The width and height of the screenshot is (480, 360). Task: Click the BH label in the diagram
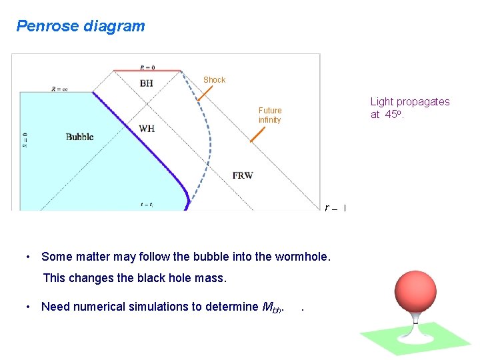click(146, 83)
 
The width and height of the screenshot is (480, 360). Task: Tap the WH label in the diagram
click(147, 128)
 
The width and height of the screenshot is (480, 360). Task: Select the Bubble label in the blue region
click(80, 137)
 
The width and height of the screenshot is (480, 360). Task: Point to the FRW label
click(243, 175)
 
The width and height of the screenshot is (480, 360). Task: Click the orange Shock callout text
click(215, 80)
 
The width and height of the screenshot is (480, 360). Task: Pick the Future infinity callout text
click(270, 115)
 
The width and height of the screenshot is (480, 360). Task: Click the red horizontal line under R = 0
click(147, 70)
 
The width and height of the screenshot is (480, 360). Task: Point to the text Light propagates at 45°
click(410, 108)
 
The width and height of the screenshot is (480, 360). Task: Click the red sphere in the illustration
click(415, 283)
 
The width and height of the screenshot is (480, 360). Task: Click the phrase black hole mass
click(216, 278)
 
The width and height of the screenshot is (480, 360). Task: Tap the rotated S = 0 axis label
click(25, 139)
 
